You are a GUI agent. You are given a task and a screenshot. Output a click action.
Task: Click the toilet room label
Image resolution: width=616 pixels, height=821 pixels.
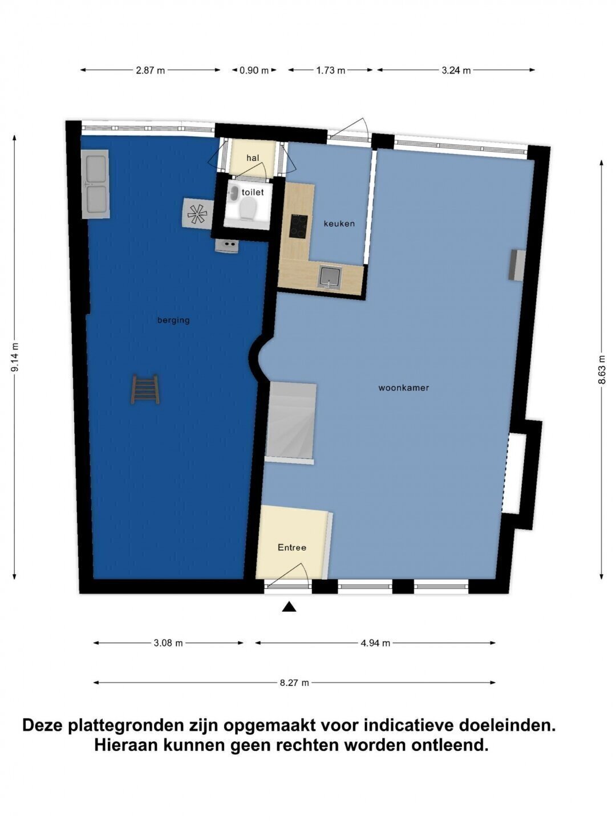253,192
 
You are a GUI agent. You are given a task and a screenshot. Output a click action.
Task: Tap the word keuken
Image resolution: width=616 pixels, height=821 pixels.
339,223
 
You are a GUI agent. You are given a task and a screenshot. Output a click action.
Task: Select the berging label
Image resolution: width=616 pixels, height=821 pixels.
173,320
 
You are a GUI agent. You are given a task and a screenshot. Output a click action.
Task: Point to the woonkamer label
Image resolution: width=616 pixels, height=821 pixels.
404,388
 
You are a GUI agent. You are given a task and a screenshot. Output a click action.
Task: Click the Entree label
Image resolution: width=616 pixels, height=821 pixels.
291,547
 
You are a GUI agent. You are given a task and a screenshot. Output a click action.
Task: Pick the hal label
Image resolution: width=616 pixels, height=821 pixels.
253,158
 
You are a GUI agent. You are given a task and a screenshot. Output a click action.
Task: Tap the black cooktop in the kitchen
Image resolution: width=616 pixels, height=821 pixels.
299,226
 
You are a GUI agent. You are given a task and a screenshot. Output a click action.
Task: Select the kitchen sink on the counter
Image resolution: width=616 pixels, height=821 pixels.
329,279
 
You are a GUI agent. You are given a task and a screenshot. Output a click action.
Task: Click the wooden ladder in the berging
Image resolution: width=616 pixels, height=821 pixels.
145,389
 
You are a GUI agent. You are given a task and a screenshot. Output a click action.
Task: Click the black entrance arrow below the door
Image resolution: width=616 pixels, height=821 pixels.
289,607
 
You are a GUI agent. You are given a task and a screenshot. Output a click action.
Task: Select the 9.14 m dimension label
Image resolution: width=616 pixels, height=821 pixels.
15,357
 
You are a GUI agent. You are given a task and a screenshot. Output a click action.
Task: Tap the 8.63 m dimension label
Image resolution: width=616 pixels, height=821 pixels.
601,369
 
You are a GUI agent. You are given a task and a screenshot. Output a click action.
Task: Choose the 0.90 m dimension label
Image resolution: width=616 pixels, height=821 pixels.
254,70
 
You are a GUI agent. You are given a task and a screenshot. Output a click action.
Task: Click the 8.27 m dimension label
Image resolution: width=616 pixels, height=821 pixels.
294,682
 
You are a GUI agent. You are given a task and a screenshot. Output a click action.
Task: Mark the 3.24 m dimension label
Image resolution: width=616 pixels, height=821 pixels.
456,70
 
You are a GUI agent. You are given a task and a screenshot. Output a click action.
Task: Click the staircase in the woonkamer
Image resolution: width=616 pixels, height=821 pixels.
291,423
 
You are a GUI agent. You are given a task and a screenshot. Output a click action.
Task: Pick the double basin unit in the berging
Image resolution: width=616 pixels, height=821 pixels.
95,184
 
